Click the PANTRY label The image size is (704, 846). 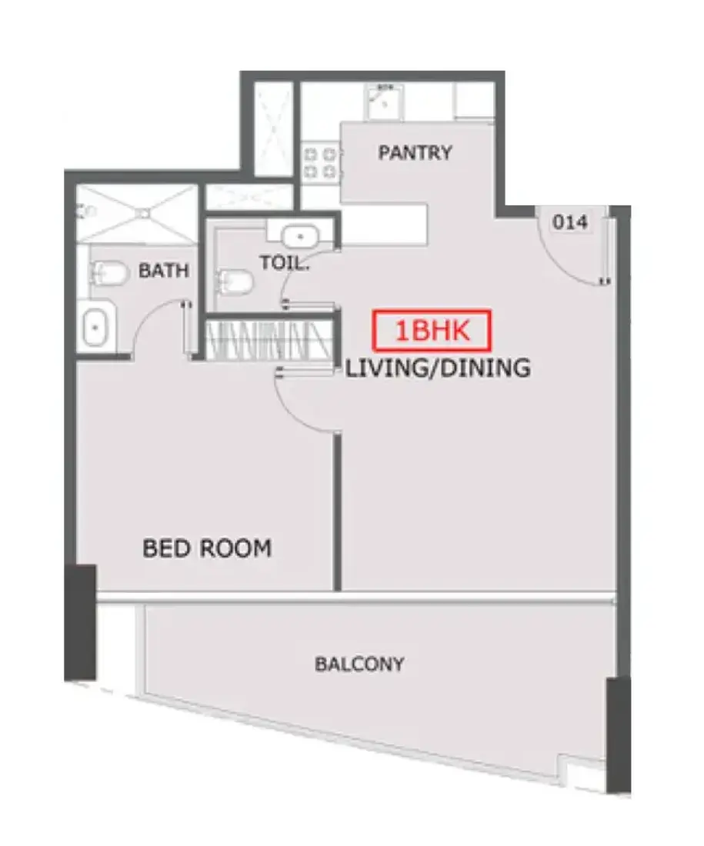pos(415,153)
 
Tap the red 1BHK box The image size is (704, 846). pos(432,330)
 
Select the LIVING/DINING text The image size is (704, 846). pos(438,368)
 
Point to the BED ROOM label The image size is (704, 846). pos(207,548)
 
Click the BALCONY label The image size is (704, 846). pos(359,664)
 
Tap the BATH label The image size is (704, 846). pos(164,270)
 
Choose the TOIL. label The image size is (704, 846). pos(285,263)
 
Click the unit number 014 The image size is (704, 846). pos(570,221)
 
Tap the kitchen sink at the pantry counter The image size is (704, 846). pos(385,102)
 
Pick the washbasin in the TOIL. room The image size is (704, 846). pos(300,236)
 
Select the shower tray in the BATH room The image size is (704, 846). pos(137,213)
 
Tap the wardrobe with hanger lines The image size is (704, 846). pos(269,341)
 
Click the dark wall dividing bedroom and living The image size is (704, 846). pos(338,512)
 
